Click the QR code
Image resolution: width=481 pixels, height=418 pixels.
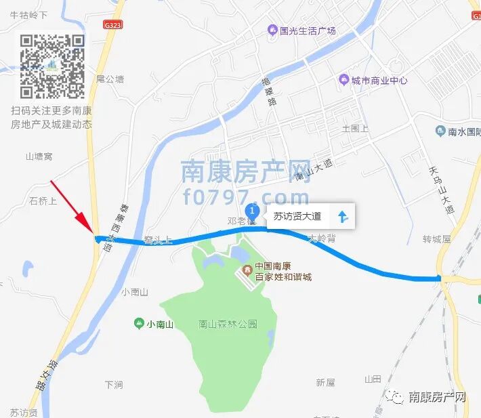coord(52,66)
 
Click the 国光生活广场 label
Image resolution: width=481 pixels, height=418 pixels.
coord(308,30)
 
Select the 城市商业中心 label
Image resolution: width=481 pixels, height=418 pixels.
coord(379,80)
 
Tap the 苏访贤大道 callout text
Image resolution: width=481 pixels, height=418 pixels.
coord(301,217)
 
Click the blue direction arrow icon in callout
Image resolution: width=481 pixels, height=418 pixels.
coord(343,217)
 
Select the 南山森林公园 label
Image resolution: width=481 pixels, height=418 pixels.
coord(228,324)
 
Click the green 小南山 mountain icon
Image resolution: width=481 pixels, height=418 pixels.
coord(139,324)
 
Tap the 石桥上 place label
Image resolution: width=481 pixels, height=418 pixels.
coord(43,201)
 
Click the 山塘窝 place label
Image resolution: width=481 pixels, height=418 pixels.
coord(39,156)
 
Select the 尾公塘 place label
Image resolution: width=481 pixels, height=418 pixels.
coord(110,79)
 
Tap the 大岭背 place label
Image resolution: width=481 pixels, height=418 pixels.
coord(322,238)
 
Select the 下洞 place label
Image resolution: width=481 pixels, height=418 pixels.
coord(114,385)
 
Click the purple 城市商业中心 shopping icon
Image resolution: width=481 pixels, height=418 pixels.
coord(343,80)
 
